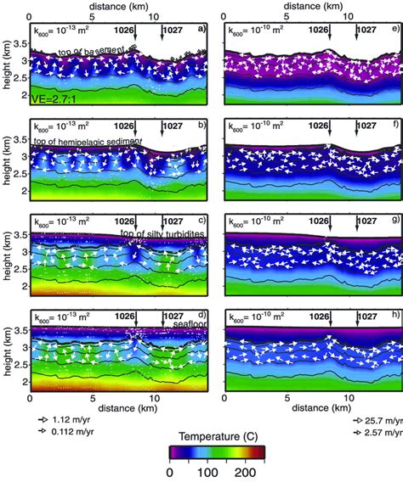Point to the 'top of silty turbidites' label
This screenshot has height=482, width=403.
[x=165, y=233]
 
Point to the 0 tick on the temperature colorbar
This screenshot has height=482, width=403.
[x=169, y=471]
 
